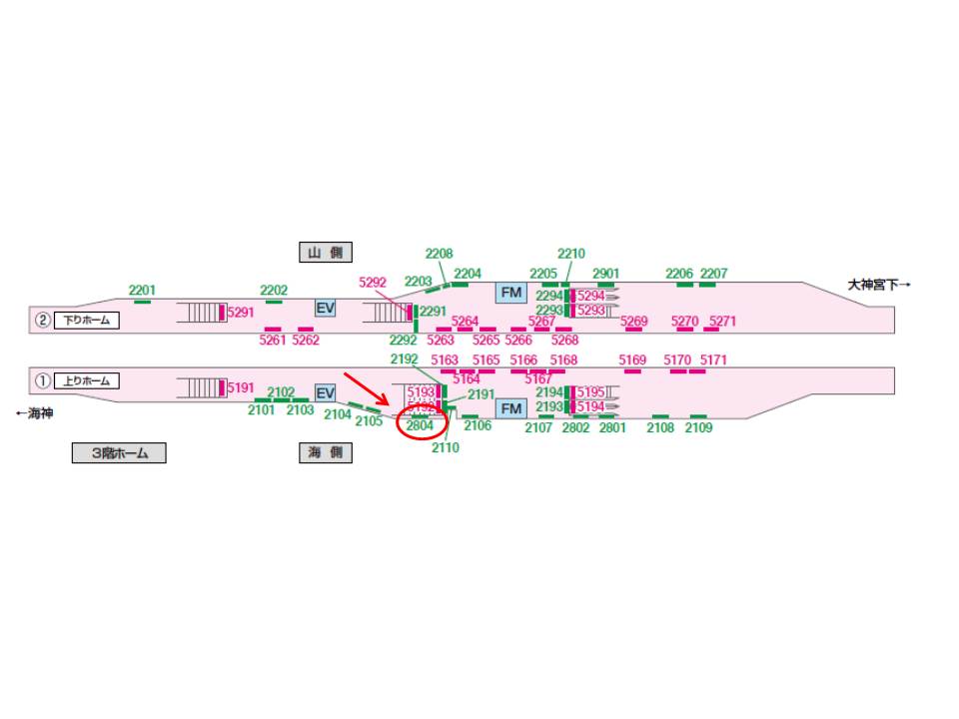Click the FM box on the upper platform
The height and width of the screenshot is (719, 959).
tap(510, 293)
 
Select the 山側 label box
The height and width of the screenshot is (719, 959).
tap(325, 252)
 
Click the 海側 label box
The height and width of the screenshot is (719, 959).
tap(325, 452)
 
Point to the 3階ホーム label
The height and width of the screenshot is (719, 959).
tap(119, 452)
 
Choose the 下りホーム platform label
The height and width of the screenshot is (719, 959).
tap(86, 321)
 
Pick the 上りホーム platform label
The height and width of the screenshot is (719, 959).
tap(86, 380)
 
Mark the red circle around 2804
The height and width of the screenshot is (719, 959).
tap(421, 423)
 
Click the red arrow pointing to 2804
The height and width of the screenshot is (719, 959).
tap(367, 390)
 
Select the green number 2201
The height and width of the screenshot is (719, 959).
tap(142, 291)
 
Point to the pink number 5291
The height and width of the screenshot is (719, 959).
tap(241, 313)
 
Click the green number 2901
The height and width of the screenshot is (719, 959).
tap(605, 274)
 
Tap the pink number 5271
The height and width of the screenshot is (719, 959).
tap(722, 321)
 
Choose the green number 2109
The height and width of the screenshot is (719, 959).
tap(699, 427)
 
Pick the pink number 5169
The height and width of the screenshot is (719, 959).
tap(632, 359)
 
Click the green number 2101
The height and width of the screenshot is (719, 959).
tap(261, 409)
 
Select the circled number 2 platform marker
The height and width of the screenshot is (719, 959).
tap(42, 321)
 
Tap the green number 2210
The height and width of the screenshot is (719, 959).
tap(571, 254)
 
